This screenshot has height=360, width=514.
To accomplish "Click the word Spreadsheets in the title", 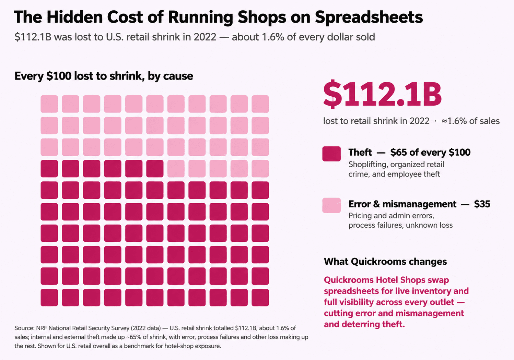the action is [x=369, y=17].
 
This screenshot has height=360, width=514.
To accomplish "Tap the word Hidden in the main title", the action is [x=74, y=17].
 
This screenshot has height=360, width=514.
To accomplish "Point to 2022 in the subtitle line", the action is [x=205, y=37].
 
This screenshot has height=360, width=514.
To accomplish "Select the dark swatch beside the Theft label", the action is [x=331, y=154].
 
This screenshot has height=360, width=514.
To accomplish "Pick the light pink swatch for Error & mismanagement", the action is [x=331, y=205].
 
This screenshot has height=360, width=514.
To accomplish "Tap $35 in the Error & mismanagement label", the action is [x=482, y=204].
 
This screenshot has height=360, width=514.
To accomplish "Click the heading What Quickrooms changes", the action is [x=385, y=261].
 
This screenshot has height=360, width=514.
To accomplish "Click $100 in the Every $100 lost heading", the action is [x=59, y=76].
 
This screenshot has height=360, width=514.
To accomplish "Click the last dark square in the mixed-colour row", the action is [x=155, y=169].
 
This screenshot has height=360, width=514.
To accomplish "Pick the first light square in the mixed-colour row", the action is [x=176, y=169].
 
